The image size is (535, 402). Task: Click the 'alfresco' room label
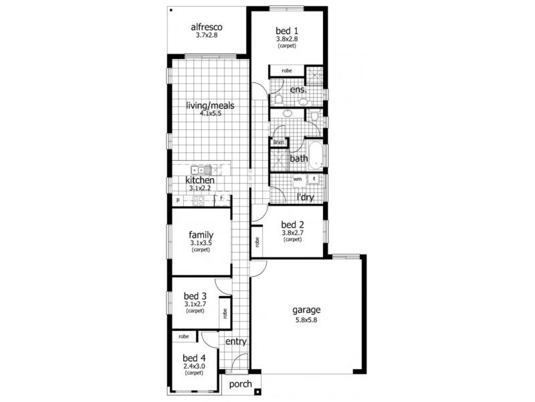click(207, 27)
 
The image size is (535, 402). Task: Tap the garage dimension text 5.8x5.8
click(307, 321)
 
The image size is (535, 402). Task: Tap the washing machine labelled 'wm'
click(298, 180)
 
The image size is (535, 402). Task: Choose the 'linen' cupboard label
click(278, 142)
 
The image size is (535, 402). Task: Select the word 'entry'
click(236, 341)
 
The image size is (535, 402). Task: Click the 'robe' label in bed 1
click(286, 70)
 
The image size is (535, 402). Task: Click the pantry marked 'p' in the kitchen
click(179, 200)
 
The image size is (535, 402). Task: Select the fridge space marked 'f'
click(221, 199)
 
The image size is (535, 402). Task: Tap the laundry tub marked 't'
click(314, 180)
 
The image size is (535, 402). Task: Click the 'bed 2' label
click(293, 224)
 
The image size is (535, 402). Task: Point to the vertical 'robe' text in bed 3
click(225, 312)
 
